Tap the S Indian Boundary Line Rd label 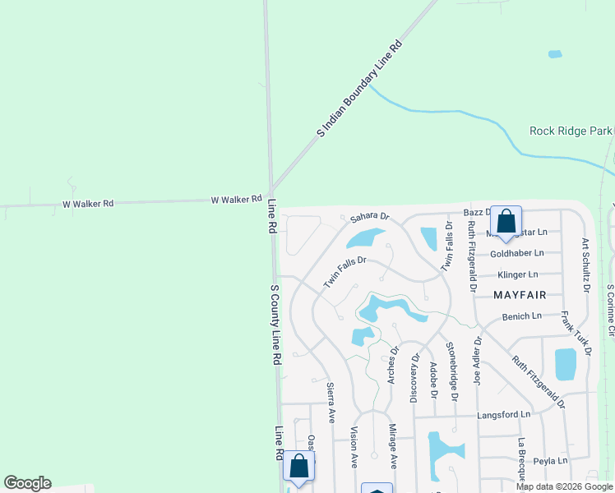pos(360,88)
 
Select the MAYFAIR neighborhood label pos(520,293)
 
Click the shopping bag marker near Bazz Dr pos(506,222)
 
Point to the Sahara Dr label pos(368,216)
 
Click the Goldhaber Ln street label pos(516,253)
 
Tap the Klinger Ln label pos(517,274)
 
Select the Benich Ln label pos(521,316)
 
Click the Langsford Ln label pos(503,415)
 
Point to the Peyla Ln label pos(550,461)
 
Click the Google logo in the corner pos(27,483)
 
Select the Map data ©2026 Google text pos(564,486)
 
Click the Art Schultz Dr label pos(585,265)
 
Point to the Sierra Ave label pos(331,402)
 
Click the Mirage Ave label pos(392,447)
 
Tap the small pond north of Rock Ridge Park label pos(555,54)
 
